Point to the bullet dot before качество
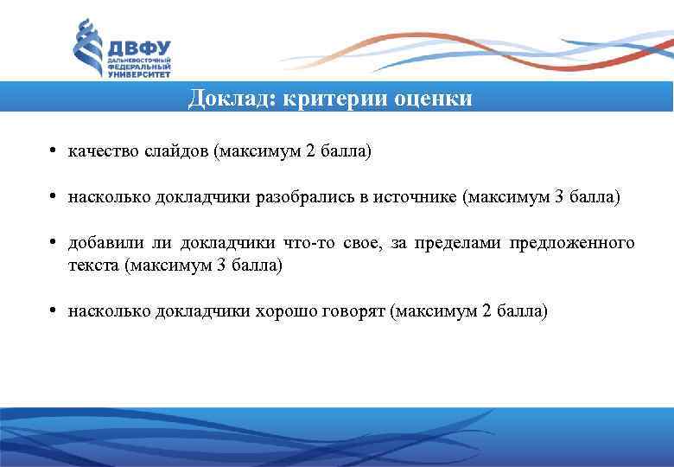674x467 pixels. coord(54,151)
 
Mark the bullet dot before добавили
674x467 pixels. coord(54,243)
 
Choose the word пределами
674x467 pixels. coord(461,244)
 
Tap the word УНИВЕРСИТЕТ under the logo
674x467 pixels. coord(138,76)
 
